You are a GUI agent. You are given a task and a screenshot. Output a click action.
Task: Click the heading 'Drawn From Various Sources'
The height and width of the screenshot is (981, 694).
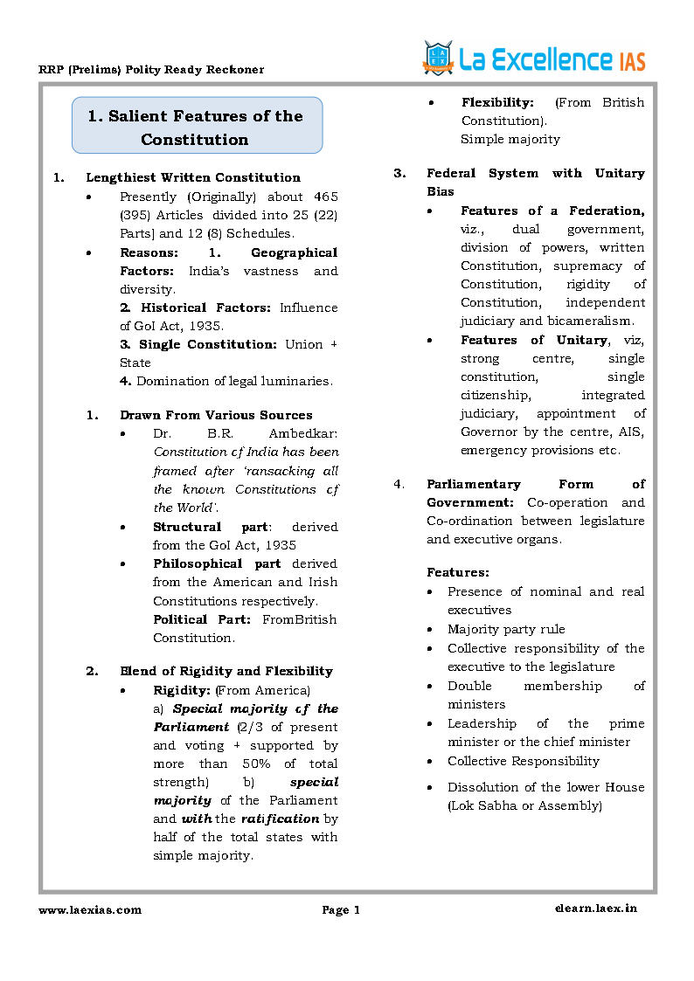pos(216,416)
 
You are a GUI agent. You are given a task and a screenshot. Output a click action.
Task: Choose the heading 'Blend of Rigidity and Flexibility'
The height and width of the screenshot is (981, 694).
pos(226,672)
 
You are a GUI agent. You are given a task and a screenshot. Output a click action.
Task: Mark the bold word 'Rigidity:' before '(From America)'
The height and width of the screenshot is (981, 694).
pos(181,690)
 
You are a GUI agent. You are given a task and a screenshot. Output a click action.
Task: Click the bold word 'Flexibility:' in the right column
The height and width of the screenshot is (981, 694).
pos(497,103)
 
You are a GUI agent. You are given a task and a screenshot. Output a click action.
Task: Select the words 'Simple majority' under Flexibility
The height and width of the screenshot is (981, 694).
pos(510,140)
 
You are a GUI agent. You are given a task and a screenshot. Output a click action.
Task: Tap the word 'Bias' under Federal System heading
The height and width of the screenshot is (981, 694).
pos(441,192)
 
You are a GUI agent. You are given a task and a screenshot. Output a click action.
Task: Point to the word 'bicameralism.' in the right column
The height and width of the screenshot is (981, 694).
pos(592,321)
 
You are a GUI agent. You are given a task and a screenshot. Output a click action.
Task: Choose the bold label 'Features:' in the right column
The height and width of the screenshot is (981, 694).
pos(458,573)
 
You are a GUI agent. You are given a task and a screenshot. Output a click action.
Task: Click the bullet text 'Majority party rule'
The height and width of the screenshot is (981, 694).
pos(506,630)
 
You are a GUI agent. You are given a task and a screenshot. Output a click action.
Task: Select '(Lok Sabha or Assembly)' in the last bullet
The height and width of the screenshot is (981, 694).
pos(524,806)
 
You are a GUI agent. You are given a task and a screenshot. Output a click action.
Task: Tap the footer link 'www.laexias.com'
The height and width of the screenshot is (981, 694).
pos(90,910)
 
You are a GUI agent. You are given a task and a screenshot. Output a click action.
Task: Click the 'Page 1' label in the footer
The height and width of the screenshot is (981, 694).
pos(341,910)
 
